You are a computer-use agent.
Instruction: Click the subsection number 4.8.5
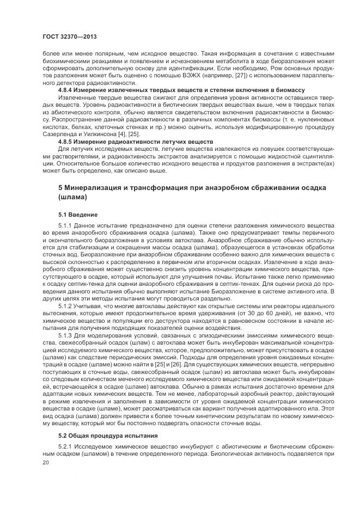pyautogui.click(x=66, y=140)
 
